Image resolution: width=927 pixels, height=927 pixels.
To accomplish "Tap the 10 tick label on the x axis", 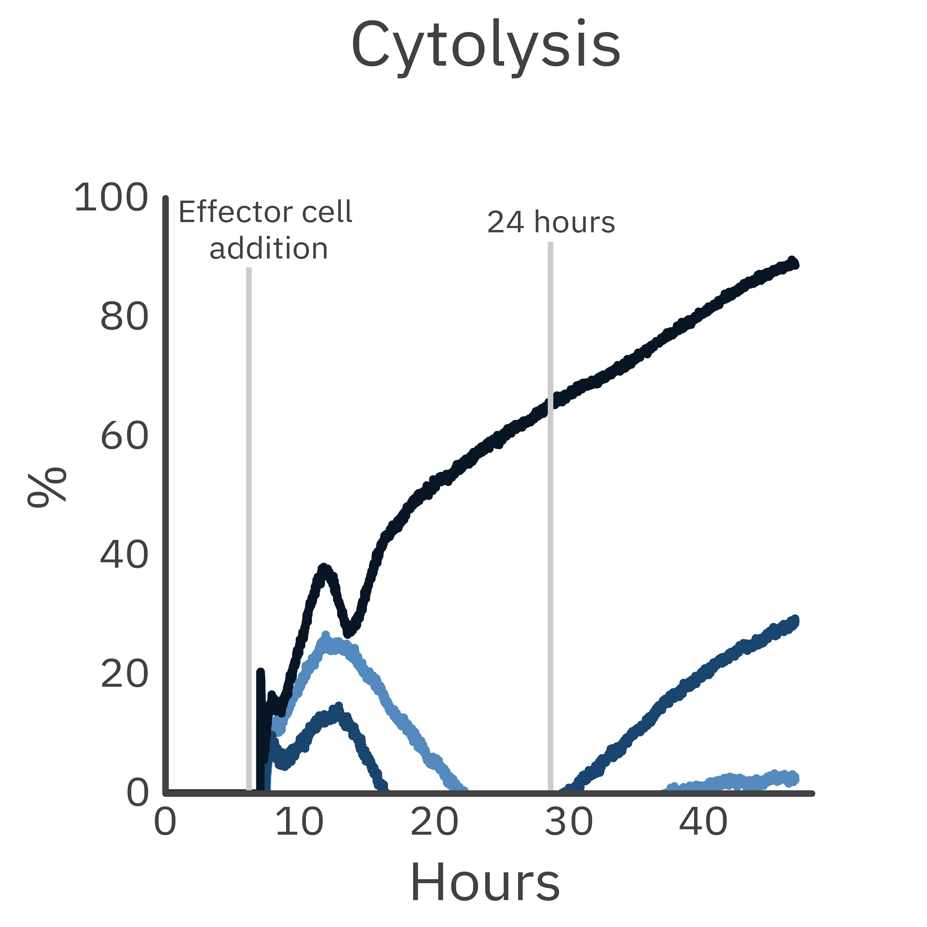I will coord(299,822).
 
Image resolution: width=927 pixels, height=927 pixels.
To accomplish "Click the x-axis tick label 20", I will coord(434,822).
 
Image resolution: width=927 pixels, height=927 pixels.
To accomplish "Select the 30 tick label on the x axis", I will coord(569,822).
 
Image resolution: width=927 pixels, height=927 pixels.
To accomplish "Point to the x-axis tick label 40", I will coord(703,822).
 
